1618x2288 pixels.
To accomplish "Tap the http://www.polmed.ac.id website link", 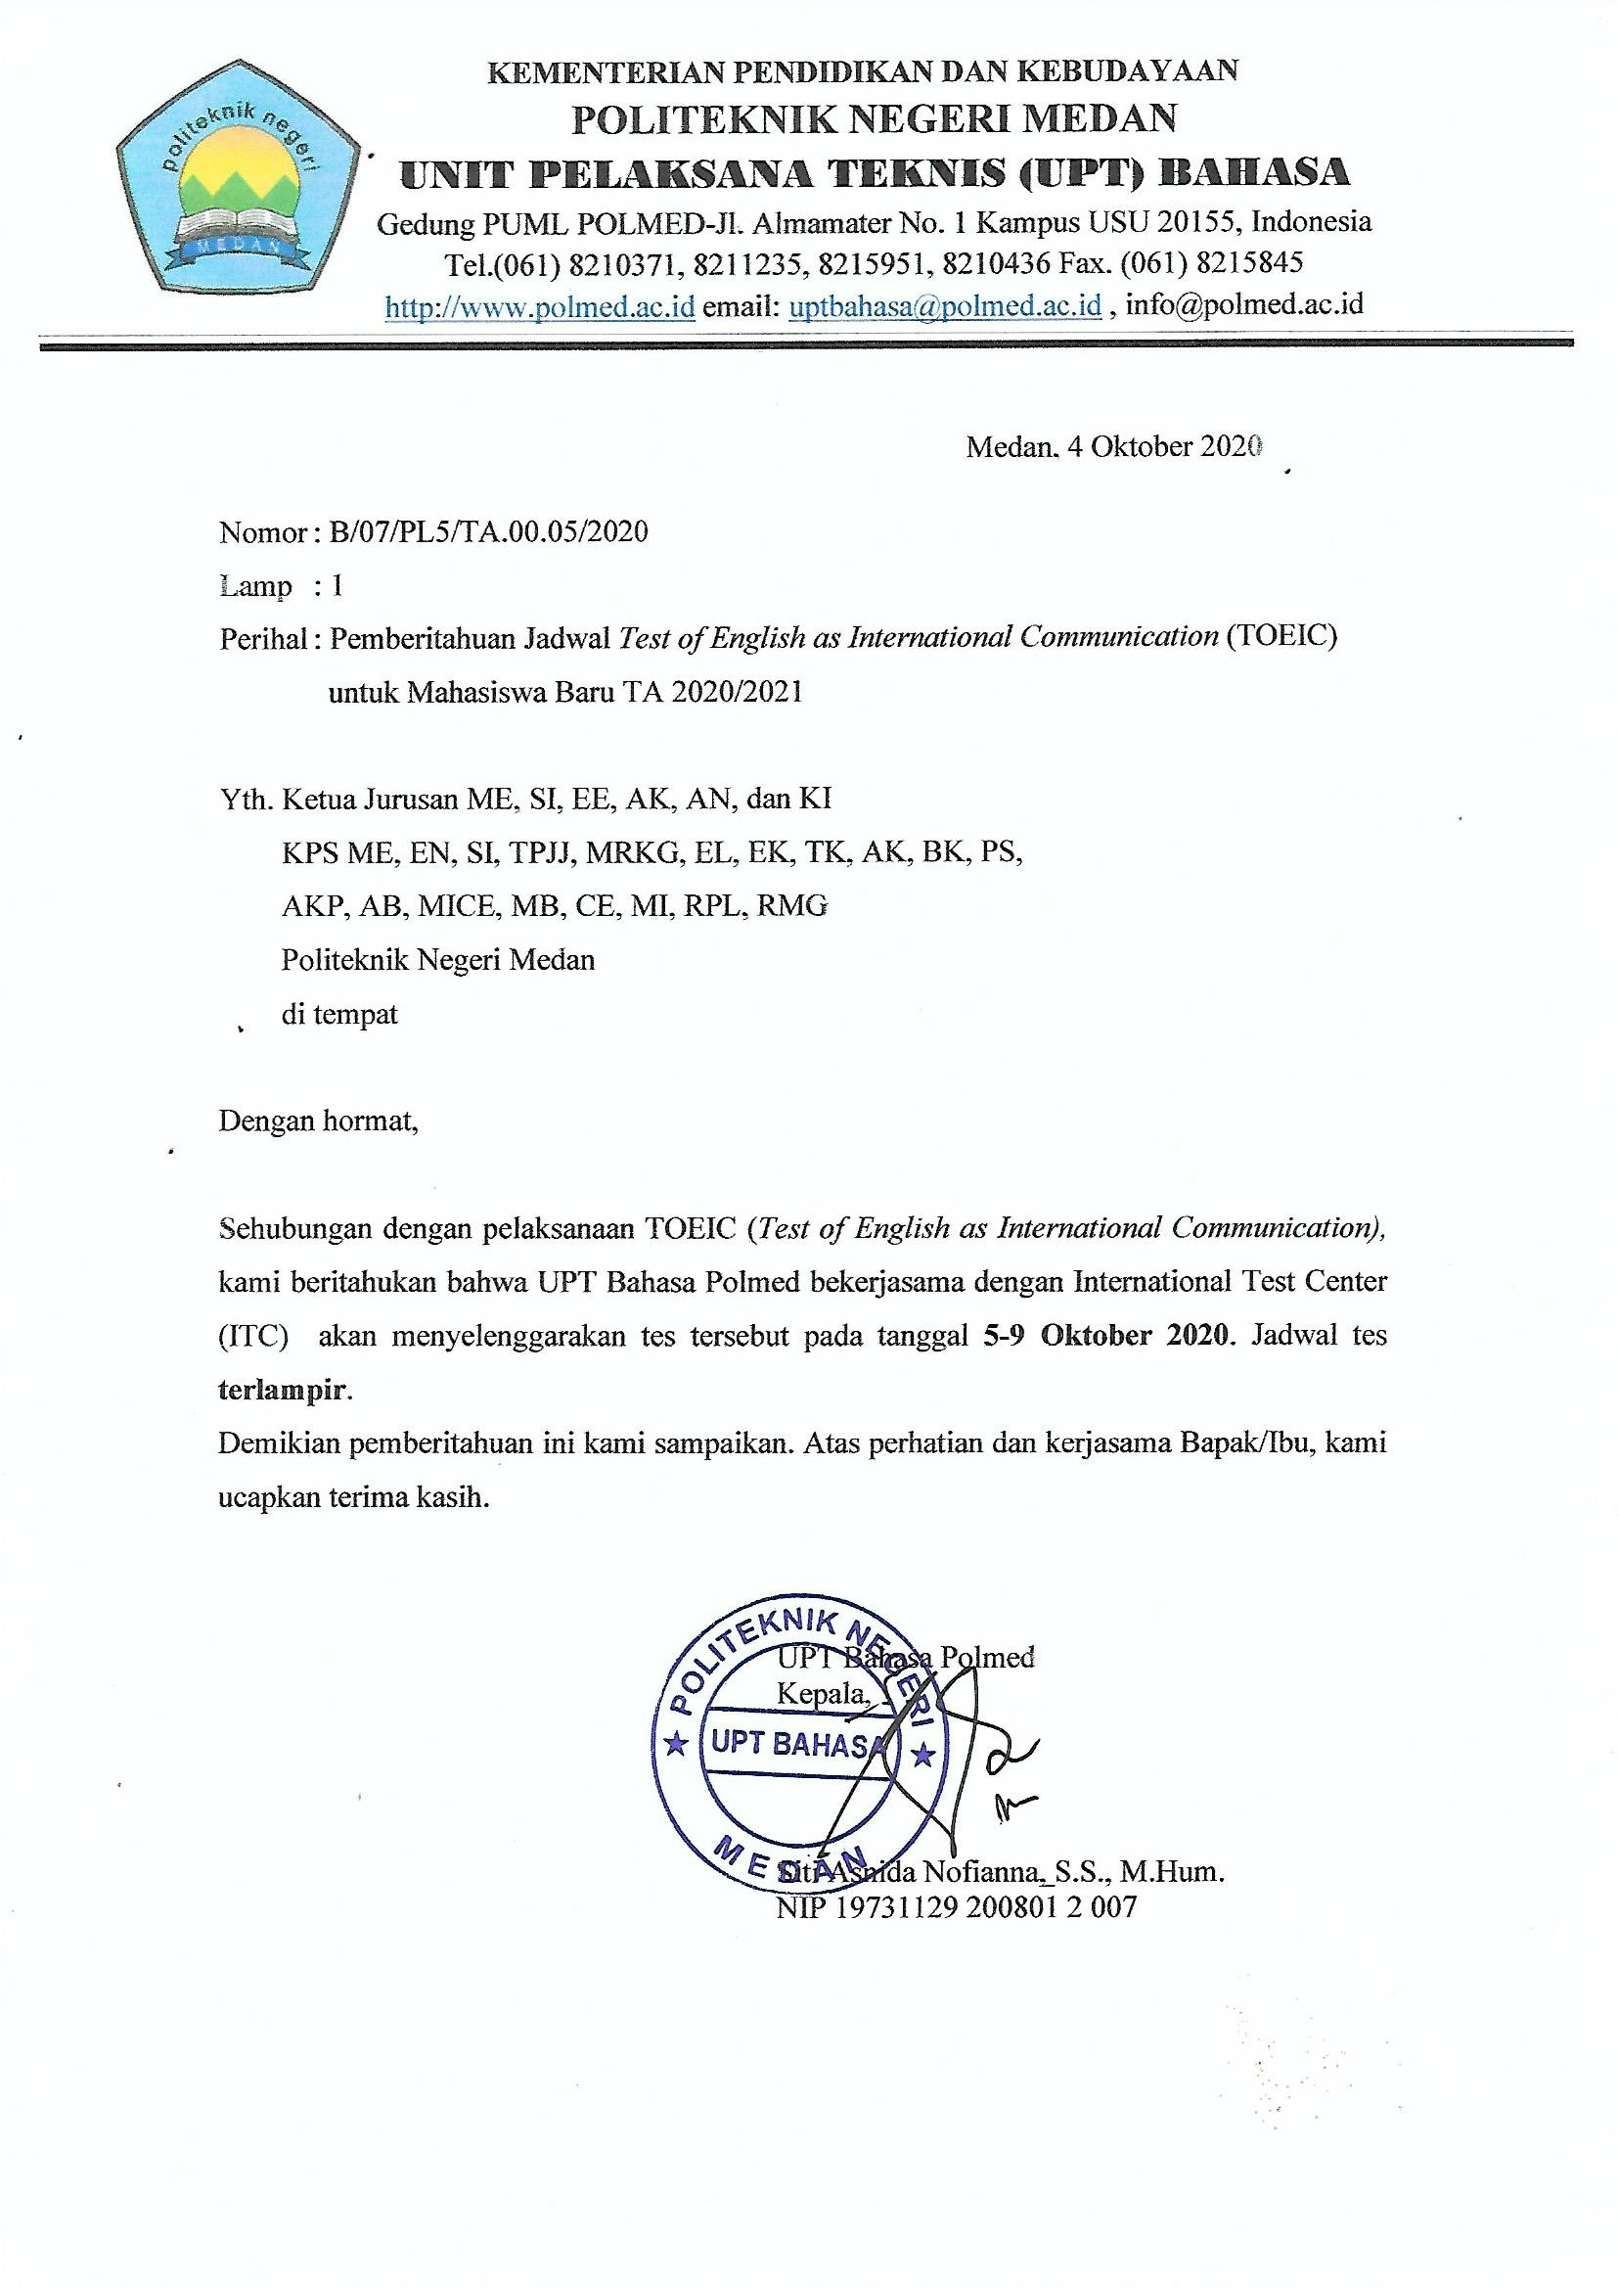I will click(539, 306).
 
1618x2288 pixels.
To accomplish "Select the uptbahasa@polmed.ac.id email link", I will click(945, 306).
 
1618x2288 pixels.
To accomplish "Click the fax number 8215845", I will click(1248, 263).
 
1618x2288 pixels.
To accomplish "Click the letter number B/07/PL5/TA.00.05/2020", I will click(488, 532).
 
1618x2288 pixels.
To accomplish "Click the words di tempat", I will click(339, 1015).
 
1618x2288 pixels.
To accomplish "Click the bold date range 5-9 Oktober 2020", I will click(1107, 1337).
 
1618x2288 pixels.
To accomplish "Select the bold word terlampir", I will click(283, 1392).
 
